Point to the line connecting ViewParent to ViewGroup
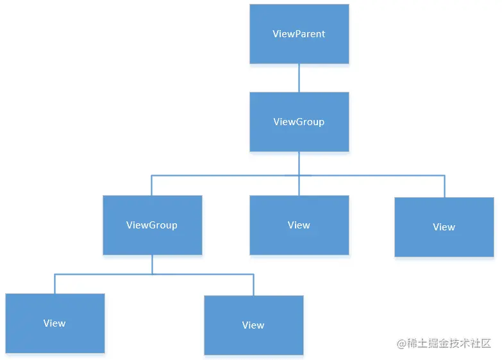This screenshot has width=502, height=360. click(x=299, y=78)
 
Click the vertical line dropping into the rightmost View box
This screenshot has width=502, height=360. click(x=444, y=186)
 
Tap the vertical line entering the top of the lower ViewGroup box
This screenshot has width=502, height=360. click(x=152, y=185)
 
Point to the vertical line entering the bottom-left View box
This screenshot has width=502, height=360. click(x=54, y=284)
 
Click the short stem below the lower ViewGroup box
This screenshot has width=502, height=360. click(x=152, y=264)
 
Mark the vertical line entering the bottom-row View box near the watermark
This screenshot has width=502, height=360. click(x=253, y=285)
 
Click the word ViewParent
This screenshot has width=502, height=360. click(x=299, y=34)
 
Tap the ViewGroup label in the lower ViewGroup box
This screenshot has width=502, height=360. click(x=152, y=225)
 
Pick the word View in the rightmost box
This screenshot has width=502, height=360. click(x=444, y=227)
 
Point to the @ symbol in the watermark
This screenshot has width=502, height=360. click(x=402, y=344)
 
